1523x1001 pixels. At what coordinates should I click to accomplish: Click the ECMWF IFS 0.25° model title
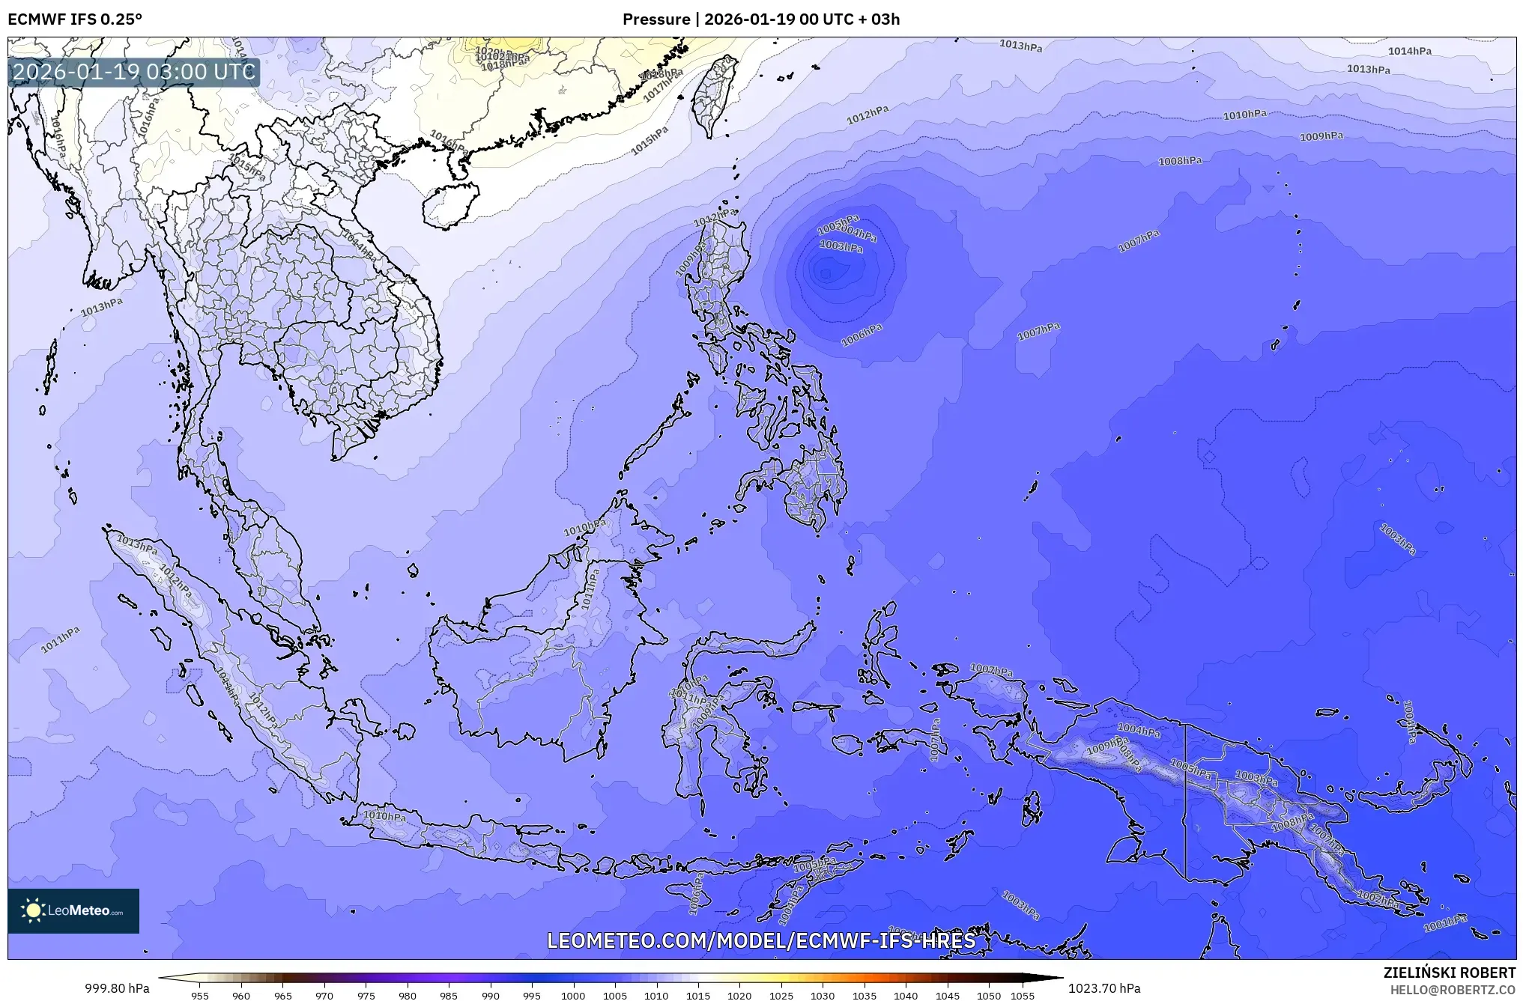click(75, 19)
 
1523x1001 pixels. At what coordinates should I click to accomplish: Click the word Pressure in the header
click(655, 19)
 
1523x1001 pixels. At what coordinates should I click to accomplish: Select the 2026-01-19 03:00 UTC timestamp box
click(135, 72)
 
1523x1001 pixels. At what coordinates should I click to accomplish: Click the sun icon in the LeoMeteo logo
click(33, 910)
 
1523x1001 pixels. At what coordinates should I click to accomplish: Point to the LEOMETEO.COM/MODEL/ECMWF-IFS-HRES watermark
click(761, 940)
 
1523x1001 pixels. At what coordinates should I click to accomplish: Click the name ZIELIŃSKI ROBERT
click(1449, 973)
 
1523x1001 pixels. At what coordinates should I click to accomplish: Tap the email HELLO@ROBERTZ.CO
click(1453, 989)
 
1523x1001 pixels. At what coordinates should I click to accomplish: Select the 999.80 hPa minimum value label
click(117, 988)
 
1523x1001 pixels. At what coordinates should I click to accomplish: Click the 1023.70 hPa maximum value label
click(1105, 988)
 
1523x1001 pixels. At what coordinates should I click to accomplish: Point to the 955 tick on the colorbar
click(200, 996)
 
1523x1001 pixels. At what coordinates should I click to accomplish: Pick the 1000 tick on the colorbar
click(573, 996)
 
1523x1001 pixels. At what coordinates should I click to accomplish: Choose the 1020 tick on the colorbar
click(739, 996)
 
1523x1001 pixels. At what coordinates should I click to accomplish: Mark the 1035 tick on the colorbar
click(864, 996)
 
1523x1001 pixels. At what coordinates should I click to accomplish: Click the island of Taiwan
click(714, 94)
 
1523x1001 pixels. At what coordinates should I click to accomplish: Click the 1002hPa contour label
click(1378, 898)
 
